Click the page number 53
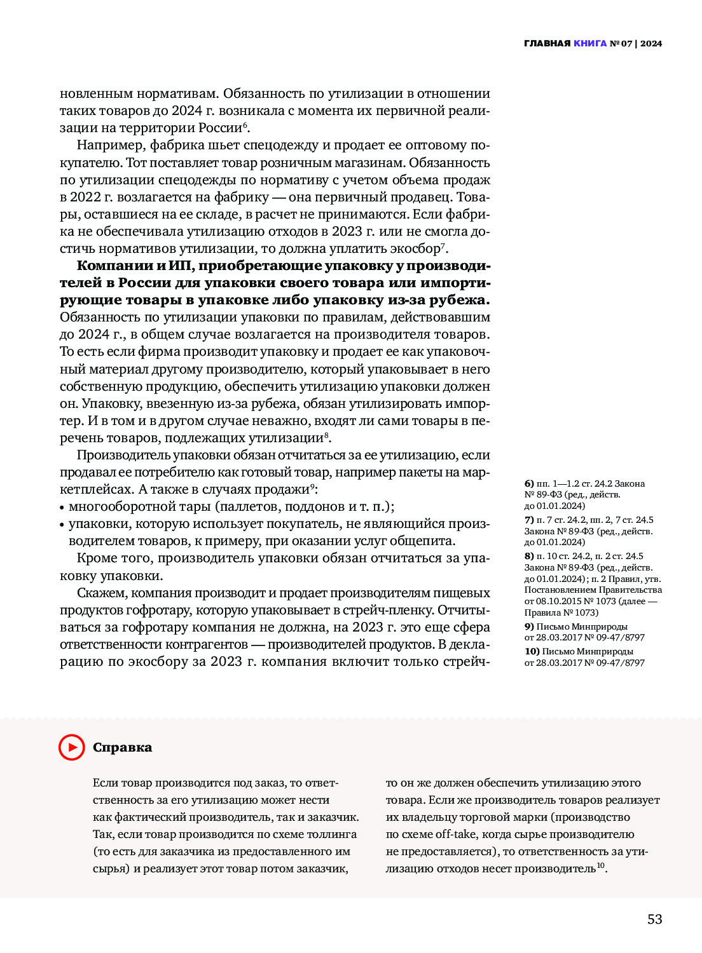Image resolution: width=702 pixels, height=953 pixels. [654, 919]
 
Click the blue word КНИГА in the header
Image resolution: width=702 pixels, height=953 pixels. [589, 44]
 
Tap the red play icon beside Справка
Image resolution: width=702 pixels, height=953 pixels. [72, 747]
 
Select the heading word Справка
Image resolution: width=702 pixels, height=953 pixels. [122, 748]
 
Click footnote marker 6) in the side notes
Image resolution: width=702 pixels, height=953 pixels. [529, 483]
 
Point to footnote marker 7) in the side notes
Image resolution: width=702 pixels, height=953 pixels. [529, 520]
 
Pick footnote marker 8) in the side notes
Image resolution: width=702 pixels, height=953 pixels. [529, 556]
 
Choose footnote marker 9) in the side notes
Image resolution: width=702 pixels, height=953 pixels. [529, 626]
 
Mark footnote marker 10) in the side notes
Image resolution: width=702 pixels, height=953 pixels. [532, 651]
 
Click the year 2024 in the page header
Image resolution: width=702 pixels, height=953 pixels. [651, 44]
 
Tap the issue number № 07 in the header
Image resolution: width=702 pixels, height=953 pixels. [621, 44]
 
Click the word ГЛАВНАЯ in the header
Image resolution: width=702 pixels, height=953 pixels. [547, 44]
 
